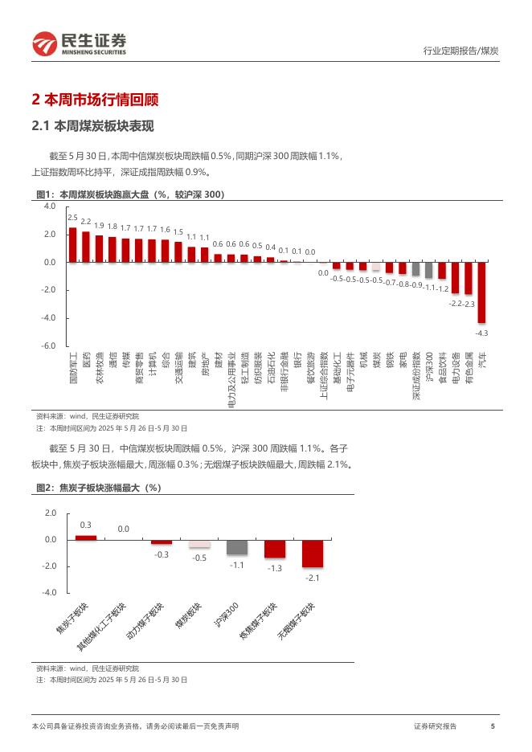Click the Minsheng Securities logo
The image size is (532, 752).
79,43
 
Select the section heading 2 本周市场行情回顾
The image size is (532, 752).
95,100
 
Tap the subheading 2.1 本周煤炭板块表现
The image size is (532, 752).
92,126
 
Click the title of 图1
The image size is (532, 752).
130,194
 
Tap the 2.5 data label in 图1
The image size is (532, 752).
72,218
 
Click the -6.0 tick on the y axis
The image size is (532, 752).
49,345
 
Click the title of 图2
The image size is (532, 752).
99,488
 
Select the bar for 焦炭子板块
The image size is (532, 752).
86,537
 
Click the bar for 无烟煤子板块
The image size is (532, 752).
312,554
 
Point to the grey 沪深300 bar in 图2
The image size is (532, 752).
236,547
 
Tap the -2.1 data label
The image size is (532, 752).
312,578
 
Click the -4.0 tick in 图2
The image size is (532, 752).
49,593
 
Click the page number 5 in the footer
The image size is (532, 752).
492,726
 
